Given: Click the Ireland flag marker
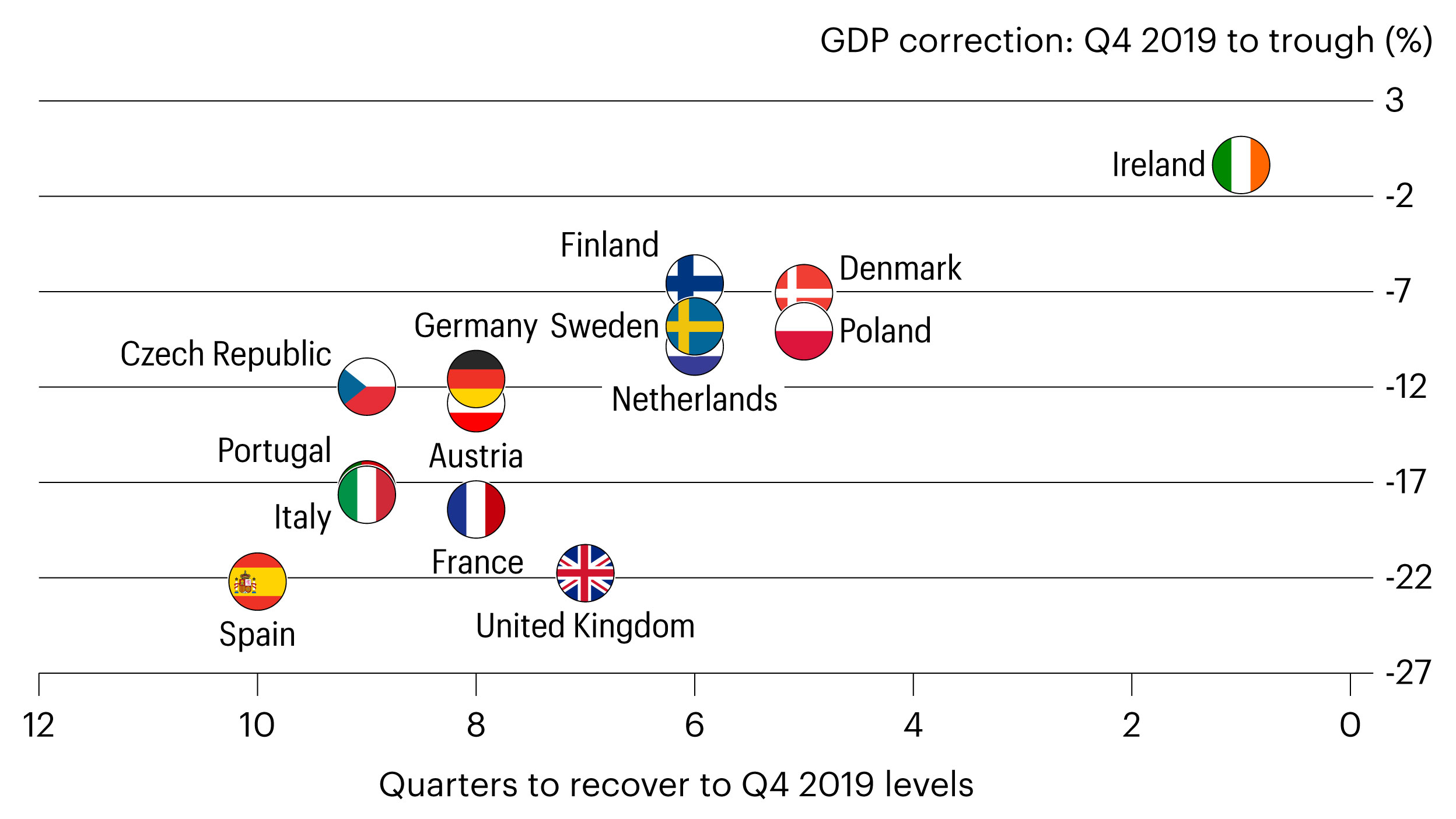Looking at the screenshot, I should [1240, 164].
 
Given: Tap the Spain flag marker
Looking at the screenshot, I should [257, 582].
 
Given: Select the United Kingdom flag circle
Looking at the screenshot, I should [585, 573].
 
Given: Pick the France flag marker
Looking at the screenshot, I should [476, 509].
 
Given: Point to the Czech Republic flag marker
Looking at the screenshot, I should [367, 386].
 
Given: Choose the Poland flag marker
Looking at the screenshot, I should [803, 331].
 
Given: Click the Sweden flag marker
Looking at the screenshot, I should [694, 327].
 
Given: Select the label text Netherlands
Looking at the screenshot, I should [694, 400].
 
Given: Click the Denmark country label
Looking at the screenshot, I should [900, 268].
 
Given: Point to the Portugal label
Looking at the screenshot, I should [274, 450].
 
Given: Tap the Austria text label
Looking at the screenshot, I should [476, 456].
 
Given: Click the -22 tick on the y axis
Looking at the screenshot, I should [1408, 577].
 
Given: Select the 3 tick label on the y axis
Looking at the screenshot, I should [1394, 100].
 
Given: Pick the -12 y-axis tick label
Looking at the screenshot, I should [1406, 386].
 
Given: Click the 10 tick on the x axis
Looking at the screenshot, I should [257, 725].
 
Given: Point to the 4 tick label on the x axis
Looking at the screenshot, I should [913, 725].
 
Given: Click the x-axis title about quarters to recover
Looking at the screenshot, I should [676, 785].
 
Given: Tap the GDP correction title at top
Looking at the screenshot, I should [1126, 41].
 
